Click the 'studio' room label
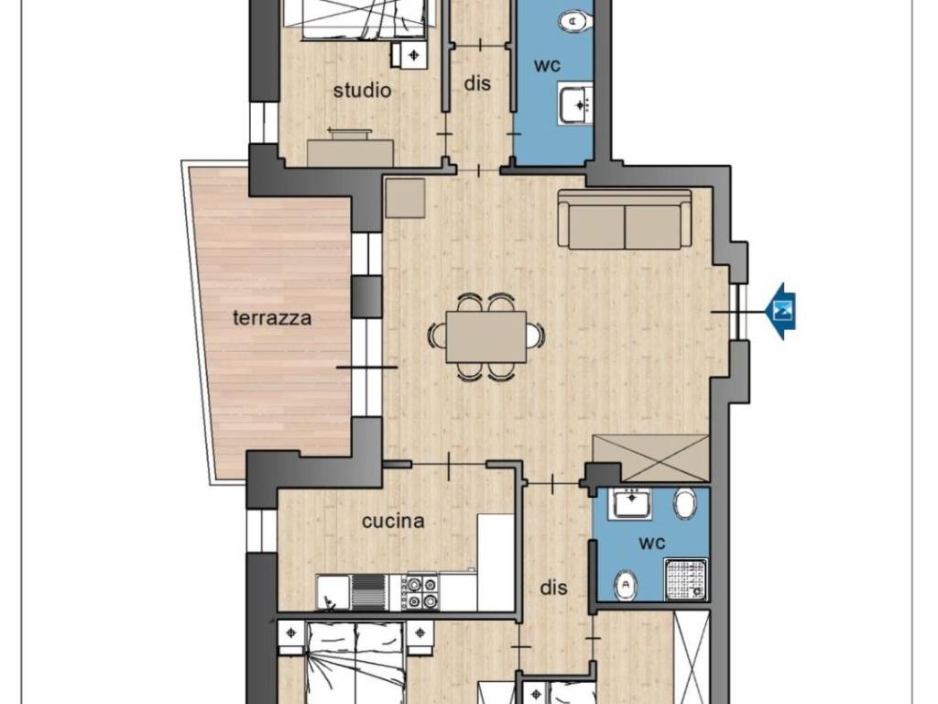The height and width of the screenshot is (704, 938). point(362,91)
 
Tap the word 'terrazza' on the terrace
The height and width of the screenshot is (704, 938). point(272,317)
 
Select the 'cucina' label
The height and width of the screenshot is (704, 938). point(393,522)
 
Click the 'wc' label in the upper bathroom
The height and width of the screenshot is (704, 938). point(548,65)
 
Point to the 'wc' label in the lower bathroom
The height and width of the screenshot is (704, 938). point(652,544)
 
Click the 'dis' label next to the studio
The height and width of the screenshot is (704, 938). point(477,83)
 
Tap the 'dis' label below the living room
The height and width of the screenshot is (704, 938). point(553,588)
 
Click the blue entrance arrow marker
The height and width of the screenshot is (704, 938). point(780,312)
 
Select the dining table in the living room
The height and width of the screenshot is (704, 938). point(486,337)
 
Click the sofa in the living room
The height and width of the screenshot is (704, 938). point(625,220)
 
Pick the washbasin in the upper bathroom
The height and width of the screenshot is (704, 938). point(575,104)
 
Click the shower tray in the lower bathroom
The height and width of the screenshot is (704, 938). point(687,579)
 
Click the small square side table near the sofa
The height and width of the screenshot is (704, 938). point(405,198)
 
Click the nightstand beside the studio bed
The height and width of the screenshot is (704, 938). point(409,55)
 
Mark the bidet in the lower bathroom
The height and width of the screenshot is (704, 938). point(625,584)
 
